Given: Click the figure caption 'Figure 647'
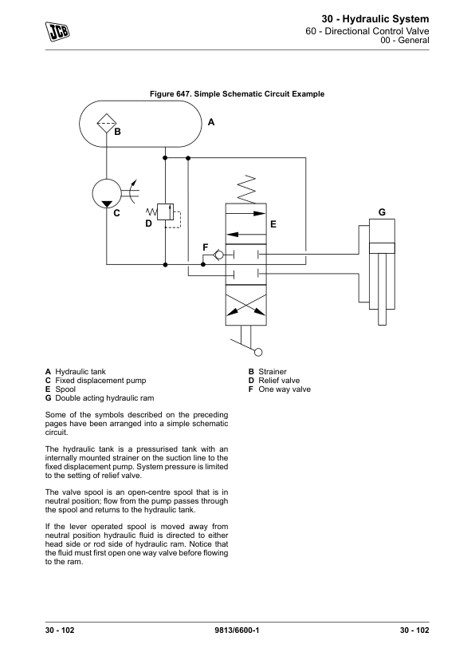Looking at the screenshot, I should click(x=237, y=94).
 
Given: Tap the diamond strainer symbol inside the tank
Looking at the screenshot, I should click(x=107, y=123).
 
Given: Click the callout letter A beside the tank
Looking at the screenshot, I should click(x=211, y=123).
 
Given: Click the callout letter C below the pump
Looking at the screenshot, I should click(x=116, y=213).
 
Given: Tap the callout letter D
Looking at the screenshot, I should click(x=148, y=224).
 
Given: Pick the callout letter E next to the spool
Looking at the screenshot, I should click(x=273, y=225).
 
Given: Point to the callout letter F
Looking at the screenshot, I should click(x=206, y=247).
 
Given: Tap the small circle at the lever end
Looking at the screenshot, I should click(x=257, y=350).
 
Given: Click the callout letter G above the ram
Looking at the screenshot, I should click(x=382, y=212).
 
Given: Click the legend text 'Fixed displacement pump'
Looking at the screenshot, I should click(x=100, y=381).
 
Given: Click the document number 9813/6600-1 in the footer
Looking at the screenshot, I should click(x=237, y=631).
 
